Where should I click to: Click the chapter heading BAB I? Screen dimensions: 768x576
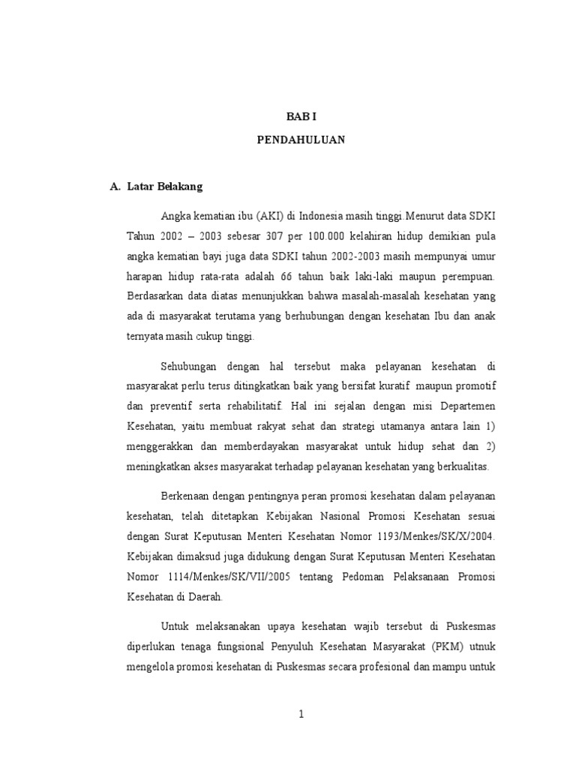click(301, 117)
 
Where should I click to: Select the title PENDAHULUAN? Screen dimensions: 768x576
click(301, 139)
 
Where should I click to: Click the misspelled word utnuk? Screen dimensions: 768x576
click(480, 648)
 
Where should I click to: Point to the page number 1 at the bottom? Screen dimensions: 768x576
click(301, 715)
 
